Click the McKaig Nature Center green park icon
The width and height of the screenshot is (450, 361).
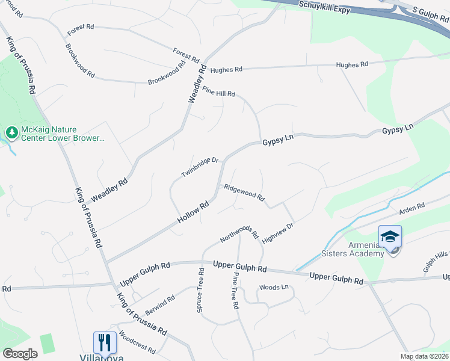tap(11, 132)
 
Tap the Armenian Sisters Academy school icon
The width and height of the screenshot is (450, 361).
tap(390, 237)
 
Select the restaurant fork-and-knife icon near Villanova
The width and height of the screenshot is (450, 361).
tap(105, 342)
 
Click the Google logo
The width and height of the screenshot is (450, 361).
tap(20, 354)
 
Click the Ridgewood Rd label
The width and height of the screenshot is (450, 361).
tap(244, 193)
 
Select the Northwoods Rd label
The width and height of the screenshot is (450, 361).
tap(239, 230)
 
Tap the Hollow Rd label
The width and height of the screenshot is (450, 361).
tap(193, 212)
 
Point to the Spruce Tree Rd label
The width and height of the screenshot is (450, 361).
tap(200, 290)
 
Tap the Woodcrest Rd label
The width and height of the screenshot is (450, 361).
tap(137, 342)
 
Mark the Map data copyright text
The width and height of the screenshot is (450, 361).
tap(424, 356)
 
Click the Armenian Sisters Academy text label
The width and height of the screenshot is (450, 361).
tap(366, 249)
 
